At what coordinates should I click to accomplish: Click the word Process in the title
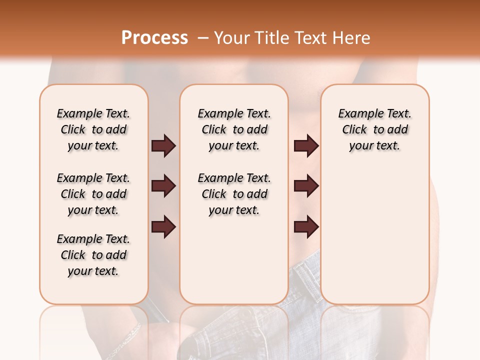click(154, 38)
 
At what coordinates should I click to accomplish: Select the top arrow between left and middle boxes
click(163, 145)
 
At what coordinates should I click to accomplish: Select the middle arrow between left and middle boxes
click(163, 186)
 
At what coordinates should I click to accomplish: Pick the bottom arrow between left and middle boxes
click(163, 226)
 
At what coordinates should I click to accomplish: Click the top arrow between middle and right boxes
click(306, 145)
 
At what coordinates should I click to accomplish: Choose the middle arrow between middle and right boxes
click(306, 186)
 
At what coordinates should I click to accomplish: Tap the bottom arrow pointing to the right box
click(306, 226)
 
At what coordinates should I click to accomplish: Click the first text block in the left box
click(93, 129)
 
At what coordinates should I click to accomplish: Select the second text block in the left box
click(93, 194)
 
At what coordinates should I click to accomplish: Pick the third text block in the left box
click(93, 255)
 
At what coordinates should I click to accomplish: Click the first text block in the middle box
click(234, 129)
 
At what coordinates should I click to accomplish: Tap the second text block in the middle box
click(234, 194)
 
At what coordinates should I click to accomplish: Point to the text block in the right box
click(374, 129)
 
